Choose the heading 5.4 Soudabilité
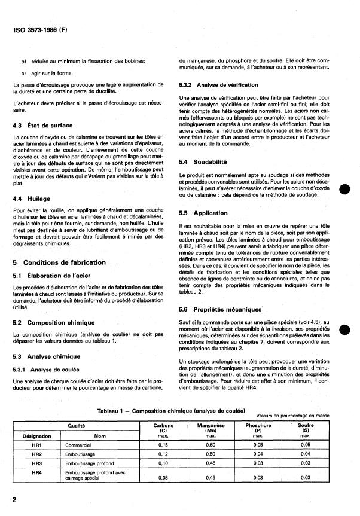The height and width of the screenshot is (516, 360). coord(205,162)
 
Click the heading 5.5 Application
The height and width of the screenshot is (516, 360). coord(203,213)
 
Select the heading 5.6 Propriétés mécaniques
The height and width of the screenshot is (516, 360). coord(220,309)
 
